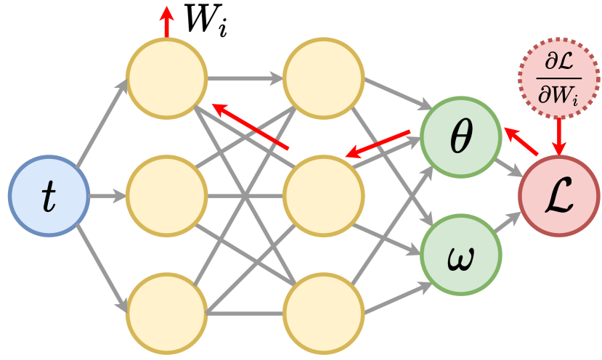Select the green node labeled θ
pos(460,137)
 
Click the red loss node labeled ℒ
pos(558,196)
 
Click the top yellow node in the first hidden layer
pos(166,78)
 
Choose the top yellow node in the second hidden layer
pos(323,78)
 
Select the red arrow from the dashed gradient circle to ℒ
pos(558,136)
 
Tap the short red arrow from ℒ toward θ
pos(520,142)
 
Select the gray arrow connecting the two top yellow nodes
pos(245,76)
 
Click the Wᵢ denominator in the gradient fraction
pos(558,92)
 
